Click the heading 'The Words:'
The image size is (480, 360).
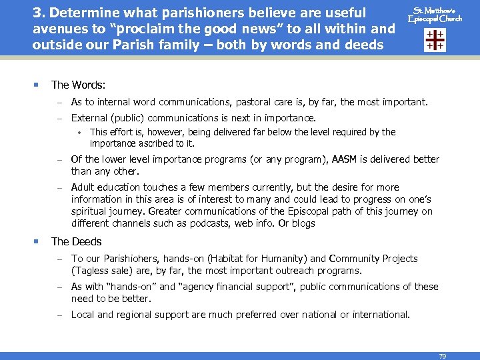78,85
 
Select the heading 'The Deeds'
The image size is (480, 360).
76,241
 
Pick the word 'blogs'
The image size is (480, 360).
303,223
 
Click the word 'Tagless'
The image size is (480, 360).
91,271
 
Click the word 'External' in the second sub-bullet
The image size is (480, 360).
89,118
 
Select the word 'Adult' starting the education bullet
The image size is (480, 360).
83,187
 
